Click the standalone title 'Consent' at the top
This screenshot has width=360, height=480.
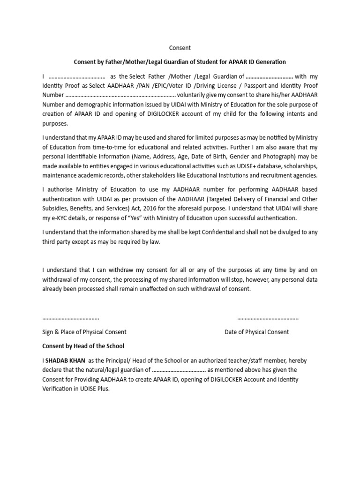pyautogui.click(x=180, y=48)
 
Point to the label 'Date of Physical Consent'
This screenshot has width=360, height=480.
pyautogui.click(x=257, y=332)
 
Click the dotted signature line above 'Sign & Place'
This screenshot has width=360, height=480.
pyautogui.click(x=71, y=318)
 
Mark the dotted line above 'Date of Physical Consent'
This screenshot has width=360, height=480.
pyautogui.click(x=268, y=318)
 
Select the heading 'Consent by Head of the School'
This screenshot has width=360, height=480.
pyautogui.click(x=83, y=346)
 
